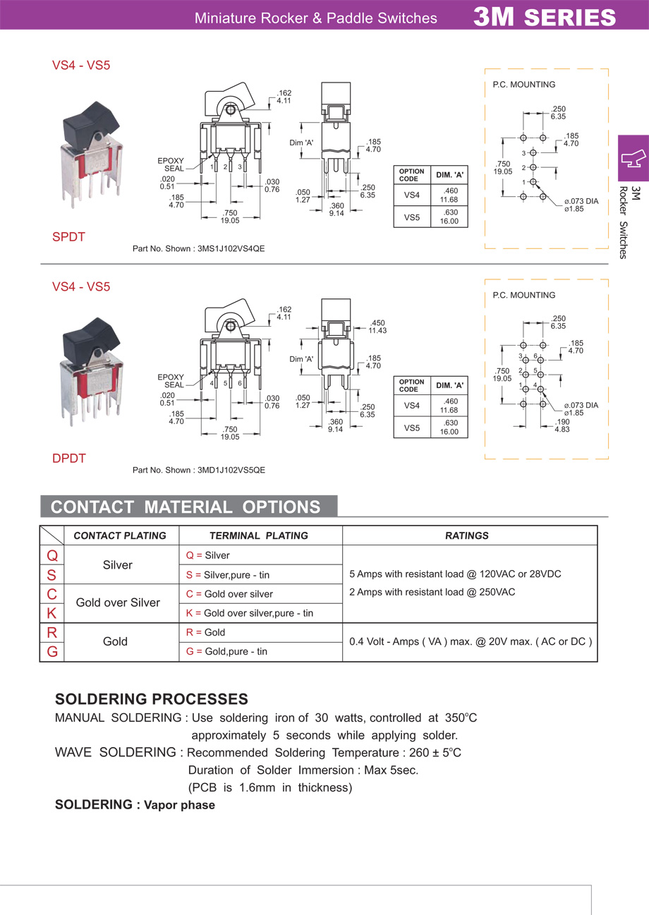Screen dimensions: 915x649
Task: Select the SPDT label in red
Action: tap(68, 238)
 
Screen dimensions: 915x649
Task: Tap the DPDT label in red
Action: tap(68, 459)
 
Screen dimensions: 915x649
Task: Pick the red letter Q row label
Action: tap(52, 556)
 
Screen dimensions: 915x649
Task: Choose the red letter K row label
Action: tap(52, 614)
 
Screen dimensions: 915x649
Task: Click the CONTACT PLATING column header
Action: tap(120, 536)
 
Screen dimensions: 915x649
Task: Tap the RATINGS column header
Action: tap(467, 536)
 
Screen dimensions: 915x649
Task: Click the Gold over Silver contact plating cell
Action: tap(118, 603)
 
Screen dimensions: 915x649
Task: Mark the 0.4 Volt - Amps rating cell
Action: tap(471, 643)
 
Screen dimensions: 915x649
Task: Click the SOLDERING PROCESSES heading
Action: tap(152, 700)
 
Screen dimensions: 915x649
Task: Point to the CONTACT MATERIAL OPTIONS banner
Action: tap(186, 507)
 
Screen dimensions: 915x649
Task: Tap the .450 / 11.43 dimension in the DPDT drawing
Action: tap(377, 327)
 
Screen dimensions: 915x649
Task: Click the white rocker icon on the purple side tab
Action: tap(633, 158)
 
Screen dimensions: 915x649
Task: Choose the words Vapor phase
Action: tap(179, 805)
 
